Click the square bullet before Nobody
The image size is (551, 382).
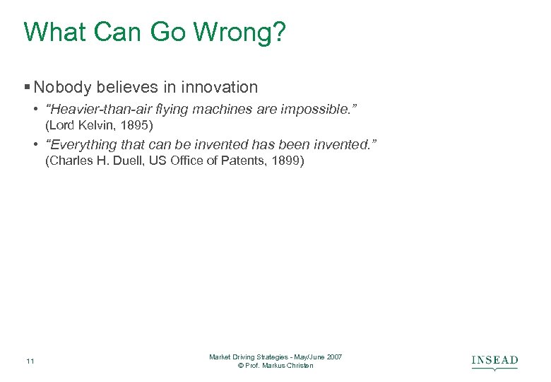(27, 88)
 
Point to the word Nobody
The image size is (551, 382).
(62, 88)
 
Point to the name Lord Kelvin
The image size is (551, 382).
(78, 126)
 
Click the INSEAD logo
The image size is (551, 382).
(494, 361)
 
